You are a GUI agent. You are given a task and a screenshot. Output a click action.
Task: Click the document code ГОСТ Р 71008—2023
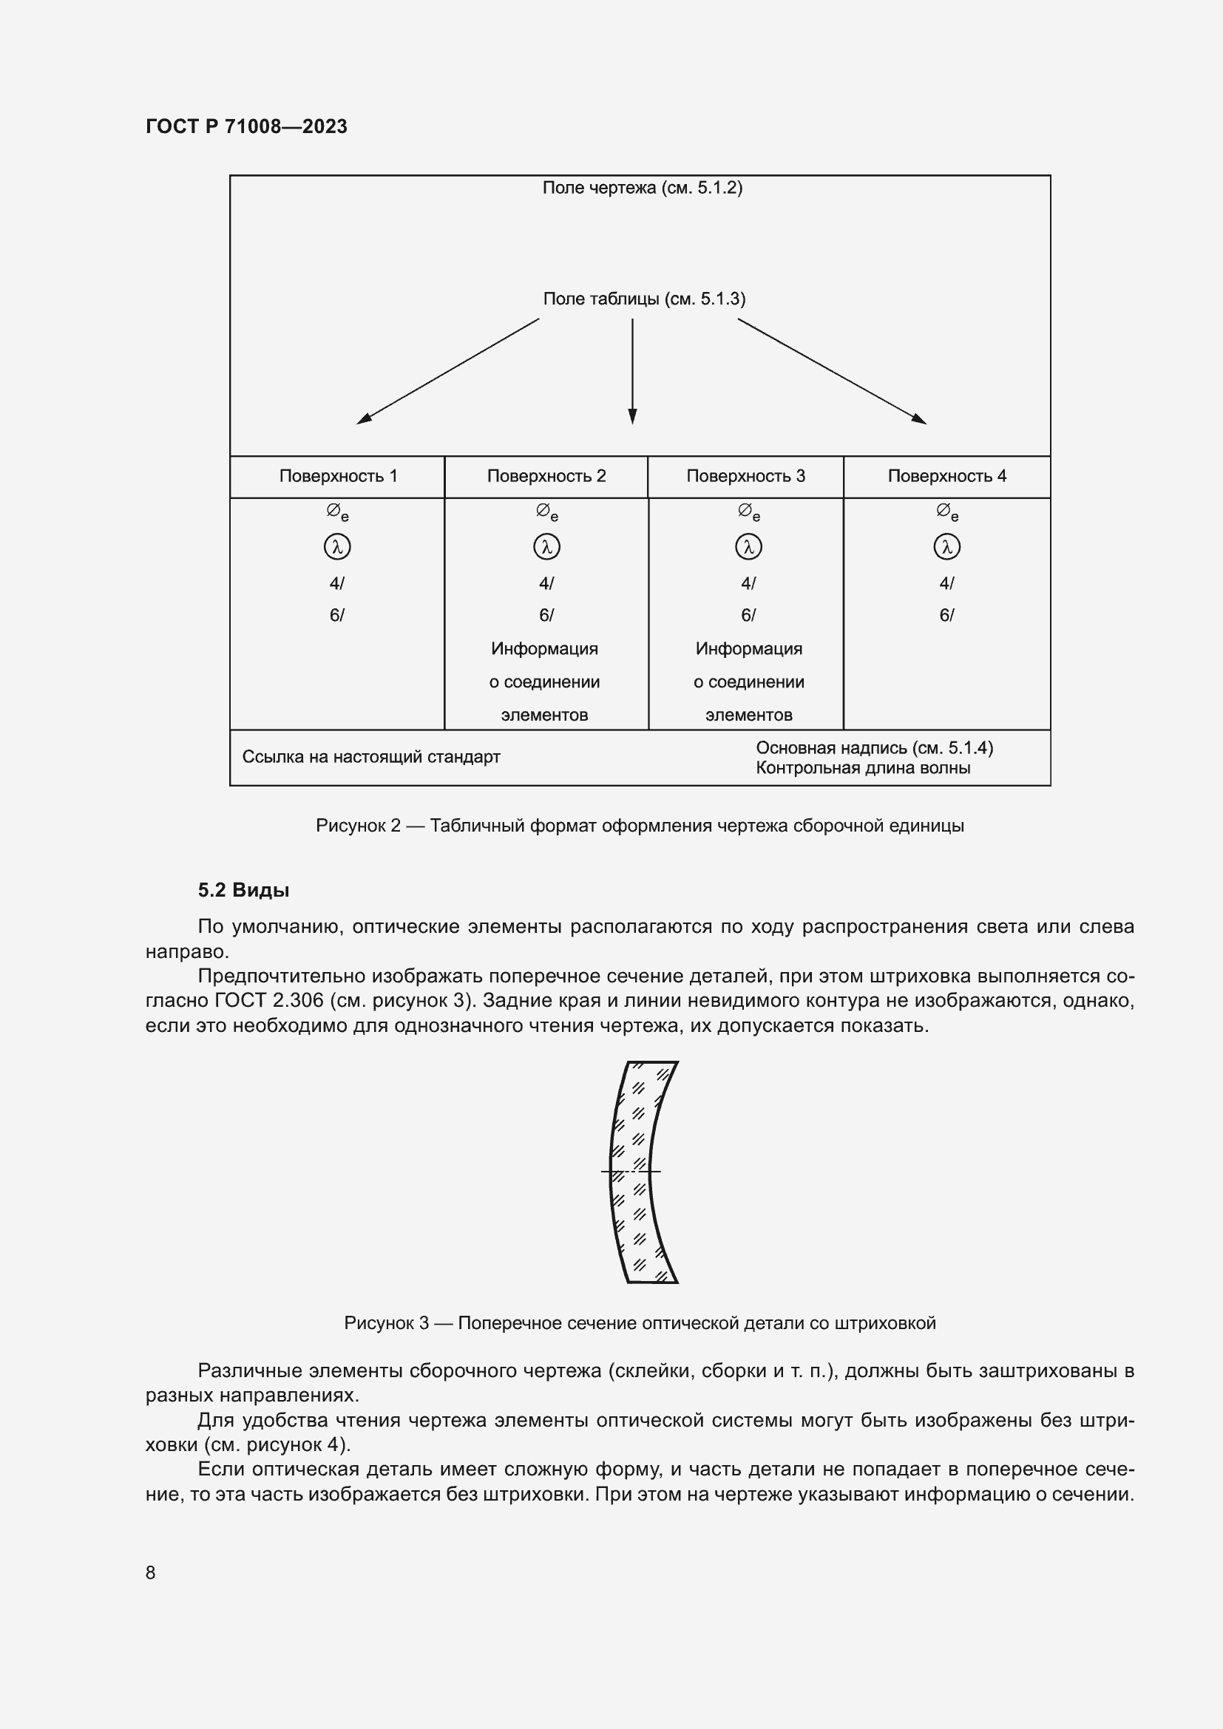[x=246, y=126]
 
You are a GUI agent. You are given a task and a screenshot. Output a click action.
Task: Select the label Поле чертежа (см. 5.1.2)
[x=642, y=188]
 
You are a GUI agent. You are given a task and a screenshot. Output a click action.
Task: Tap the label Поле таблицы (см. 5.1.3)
[x=644, y=299]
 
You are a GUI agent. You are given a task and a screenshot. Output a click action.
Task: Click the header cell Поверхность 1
[x=337, y=476]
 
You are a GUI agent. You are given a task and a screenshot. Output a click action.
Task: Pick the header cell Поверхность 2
[x=546, y=476]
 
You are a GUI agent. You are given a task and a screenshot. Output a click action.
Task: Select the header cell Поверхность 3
[x=745, y=476]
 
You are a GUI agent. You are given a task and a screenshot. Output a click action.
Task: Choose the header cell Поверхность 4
[x=946, y=476]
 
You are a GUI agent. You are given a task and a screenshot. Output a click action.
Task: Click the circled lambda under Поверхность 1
[x=336, y=547]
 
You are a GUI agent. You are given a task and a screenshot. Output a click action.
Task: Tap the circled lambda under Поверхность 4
[x=946, y=547]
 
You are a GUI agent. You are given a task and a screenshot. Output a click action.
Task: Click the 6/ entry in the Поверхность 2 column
[x=546, y=615]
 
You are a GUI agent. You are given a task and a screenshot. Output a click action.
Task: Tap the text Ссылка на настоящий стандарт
[x=370, y=757]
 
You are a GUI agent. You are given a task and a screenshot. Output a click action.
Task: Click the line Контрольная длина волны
[x=862, y=768]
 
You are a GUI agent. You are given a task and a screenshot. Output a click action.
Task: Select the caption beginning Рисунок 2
[x=640, y=826]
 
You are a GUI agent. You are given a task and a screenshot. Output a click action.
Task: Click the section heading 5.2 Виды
[x=243, y=890]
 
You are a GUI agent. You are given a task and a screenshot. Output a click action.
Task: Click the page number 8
[x=150, y=1572]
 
